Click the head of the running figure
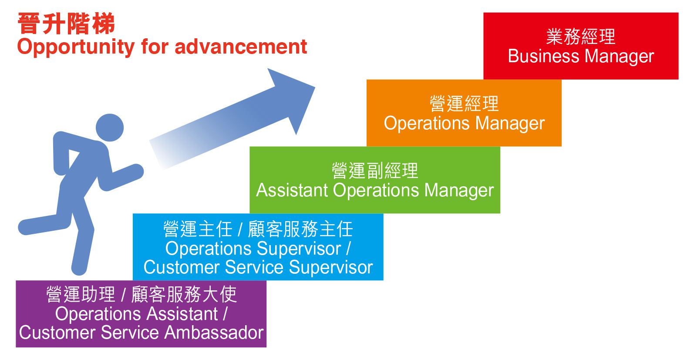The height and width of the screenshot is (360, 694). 110,128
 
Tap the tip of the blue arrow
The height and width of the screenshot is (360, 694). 315,87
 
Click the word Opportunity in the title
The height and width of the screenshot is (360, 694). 76,47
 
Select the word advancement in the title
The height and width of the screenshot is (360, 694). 241,47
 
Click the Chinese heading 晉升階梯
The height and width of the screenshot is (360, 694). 66,24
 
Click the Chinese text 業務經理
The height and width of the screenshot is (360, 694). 581,37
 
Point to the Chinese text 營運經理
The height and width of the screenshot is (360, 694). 464,104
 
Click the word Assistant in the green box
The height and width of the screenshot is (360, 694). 292,190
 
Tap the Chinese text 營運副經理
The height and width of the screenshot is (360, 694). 375,170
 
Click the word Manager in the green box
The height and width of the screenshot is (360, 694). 459,191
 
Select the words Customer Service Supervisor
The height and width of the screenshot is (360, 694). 258,267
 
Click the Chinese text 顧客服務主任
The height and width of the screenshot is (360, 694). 300,229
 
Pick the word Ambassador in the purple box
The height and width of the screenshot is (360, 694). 214,333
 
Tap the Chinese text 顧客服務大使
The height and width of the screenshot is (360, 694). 184,294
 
